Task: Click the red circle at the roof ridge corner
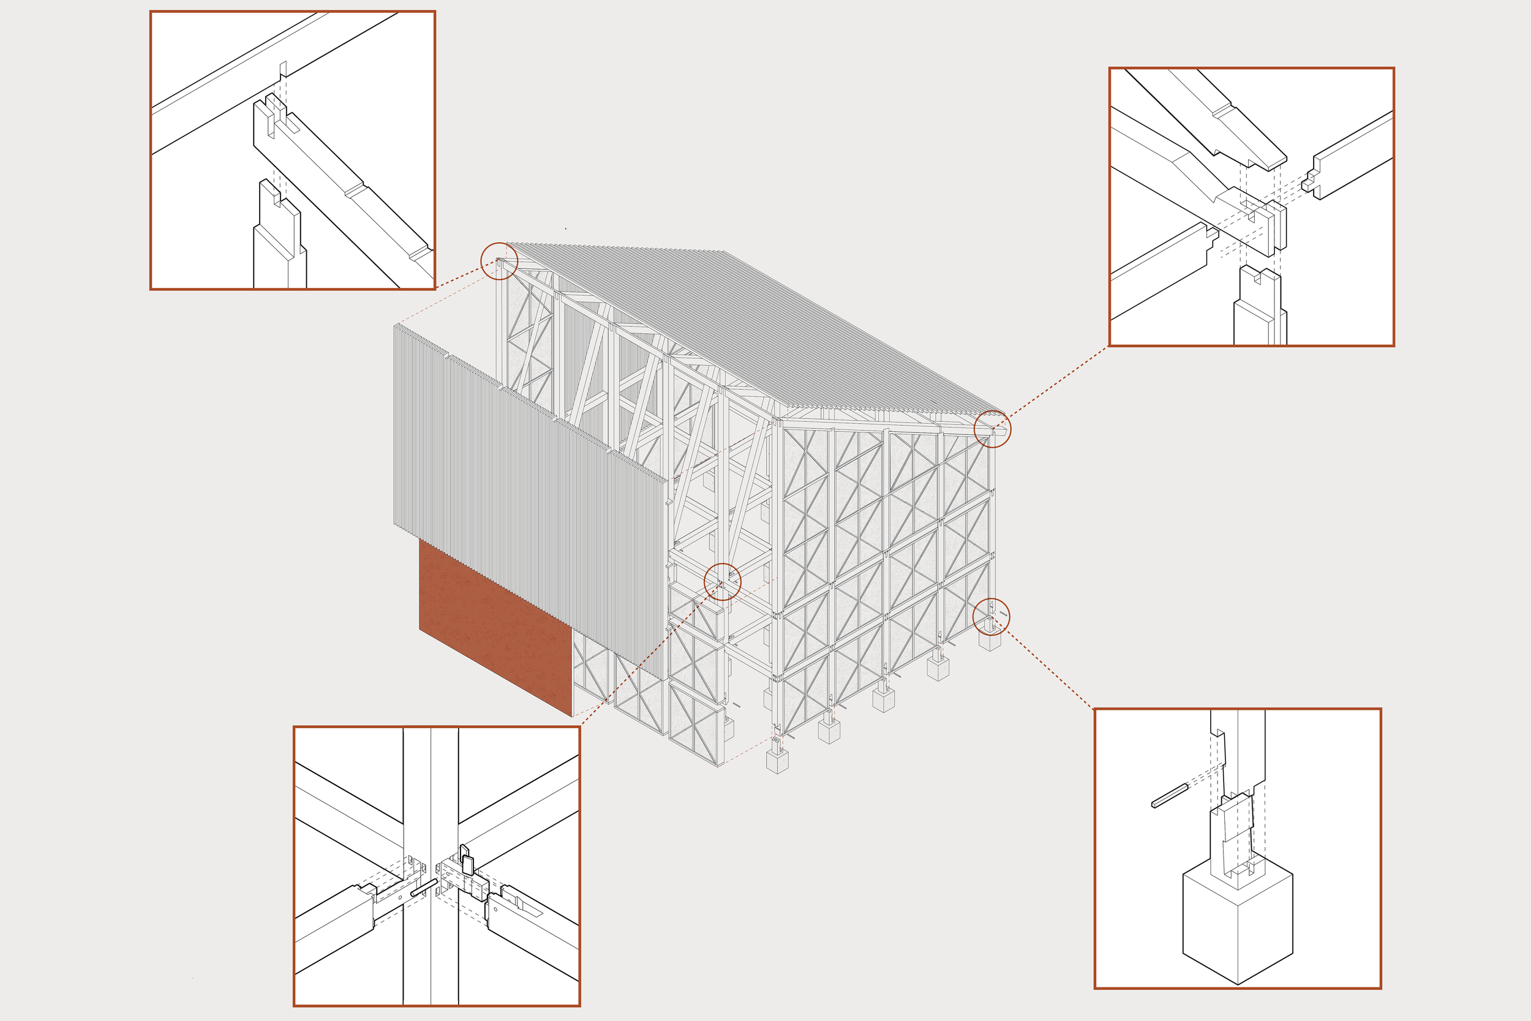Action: point(499,261)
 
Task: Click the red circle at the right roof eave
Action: point(992,429)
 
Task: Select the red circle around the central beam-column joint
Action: point(723,581)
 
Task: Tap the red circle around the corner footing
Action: point(991,616)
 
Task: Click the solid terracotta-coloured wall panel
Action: point(495,631)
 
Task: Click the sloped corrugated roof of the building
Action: point(748,326)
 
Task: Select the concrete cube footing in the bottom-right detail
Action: point(1237,925)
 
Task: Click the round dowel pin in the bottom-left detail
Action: point(424,891)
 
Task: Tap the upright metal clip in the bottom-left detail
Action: point(467,859)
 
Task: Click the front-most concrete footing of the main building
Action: point(777,761)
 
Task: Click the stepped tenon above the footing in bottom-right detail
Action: point(1230,834)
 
